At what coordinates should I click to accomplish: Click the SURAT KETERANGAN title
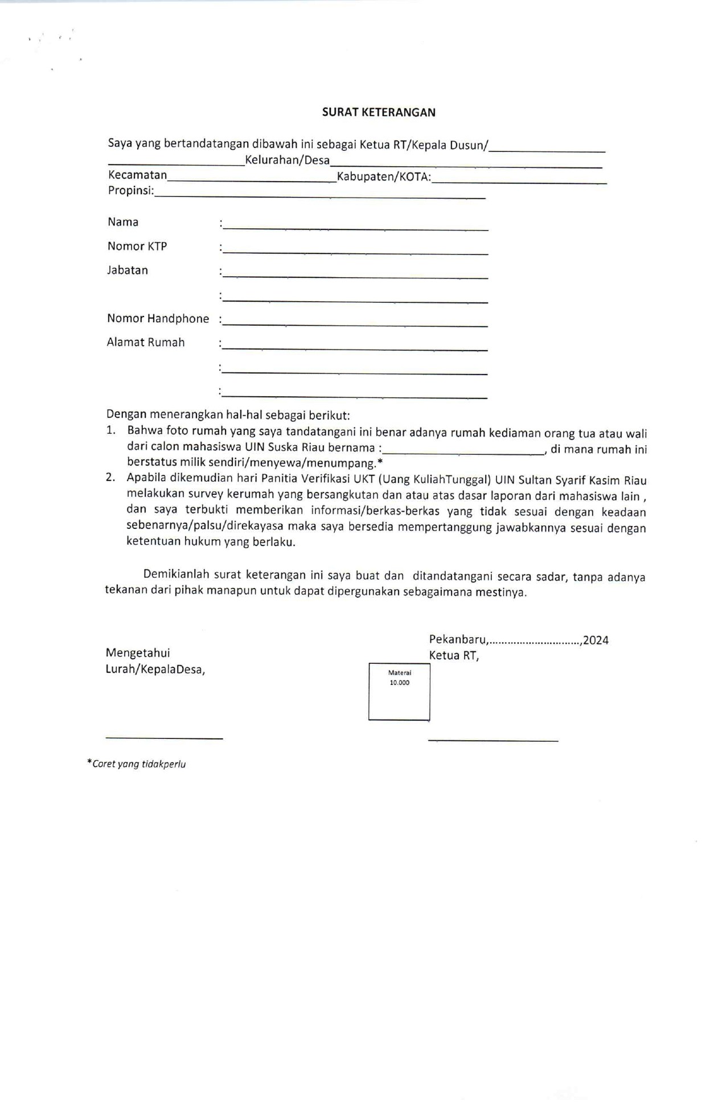(x=379, y=112)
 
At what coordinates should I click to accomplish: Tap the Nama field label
(x=123, y=222)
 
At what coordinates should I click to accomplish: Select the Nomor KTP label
(x=137, y=247)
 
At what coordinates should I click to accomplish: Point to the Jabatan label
(x=128, y=270)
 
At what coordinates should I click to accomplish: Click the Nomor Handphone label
(x=158, y=319)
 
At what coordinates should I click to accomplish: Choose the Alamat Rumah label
(x=146, y=343)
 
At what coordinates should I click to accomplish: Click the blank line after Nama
(x=355, y=227)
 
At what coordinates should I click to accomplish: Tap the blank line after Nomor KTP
(x=355, y=251)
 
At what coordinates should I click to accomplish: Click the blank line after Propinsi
(x=319, y=195)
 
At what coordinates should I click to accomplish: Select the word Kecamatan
(x=138, y=175)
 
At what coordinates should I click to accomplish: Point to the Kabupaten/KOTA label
(x=384, y=177)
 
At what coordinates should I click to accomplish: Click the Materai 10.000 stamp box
(x=399, y=692)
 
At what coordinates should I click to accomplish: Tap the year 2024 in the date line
(x=596, y=640)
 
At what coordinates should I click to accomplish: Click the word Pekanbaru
(x=458, y=640)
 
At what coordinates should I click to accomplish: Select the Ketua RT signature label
(x=454, y=656)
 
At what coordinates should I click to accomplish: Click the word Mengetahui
(x=138, y=653)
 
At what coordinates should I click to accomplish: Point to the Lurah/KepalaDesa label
(x=155, y=669)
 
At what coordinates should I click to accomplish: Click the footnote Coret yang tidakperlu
(x=138, y=764)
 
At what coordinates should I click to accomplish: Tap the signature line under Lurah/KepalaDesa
(x=164, y=738)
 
